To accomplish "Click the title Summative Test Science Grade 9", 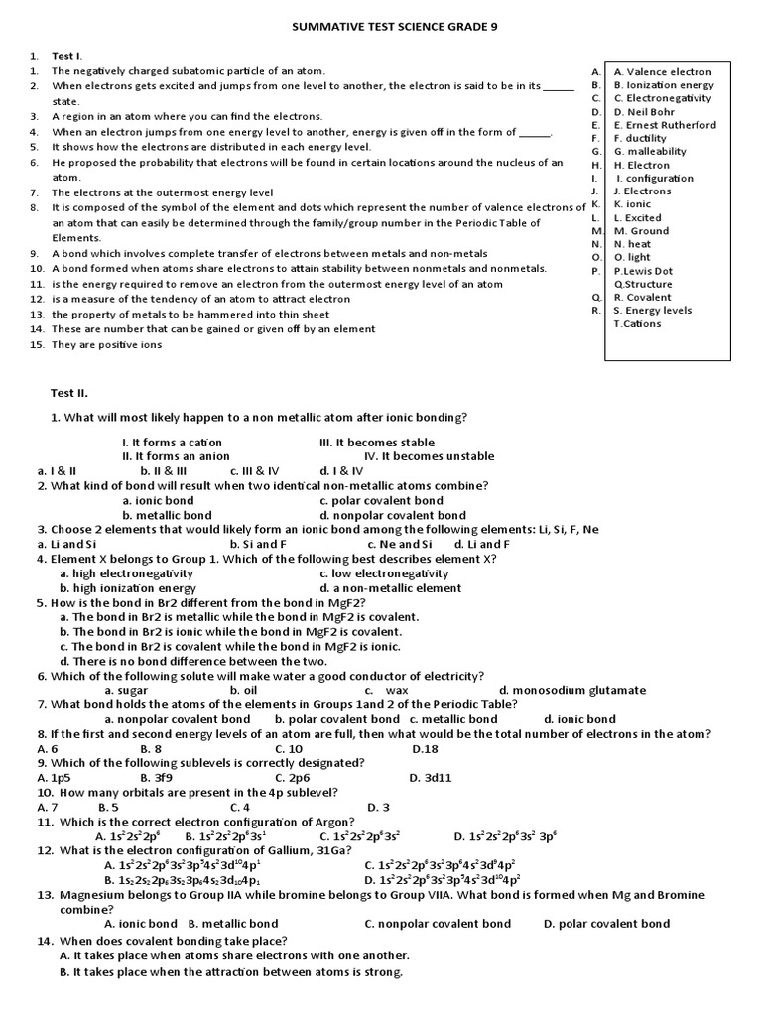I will [x=381, y=28].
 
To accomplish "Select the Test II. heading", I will [x=70, y=393].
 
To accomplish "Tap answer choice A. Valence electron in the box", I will [x=663, y=72].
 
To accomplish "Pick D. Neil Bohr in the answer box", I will [x=644, y=112].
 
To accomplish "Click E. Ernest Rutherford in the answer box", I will [x=664, y=125].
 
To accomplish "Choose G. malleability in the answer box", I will [x=649, y=152].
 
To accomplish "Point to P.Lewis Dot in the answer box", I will [x=643, y=271].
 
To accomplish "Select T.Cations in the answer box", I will [x=637, y=323].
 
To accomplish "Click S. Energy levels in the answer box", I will [x=652, y=311].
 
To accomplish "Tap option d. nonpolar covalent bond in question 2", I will [x=393, y=516].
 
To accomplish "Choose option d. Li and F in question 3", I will [x=482, y=545].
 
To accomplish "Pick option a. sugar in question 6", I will [x=126, y=691].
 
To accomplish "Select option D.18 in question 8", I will [x=424, y=749].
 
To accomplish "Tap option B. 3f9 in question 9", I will [x=158, y=778].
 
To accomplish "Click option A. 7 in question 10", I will [x=48, y=808].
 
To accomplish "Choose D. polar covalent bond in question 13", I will [x=606, y=924].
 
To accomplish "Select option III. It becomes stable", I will [x=377, y=443].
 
